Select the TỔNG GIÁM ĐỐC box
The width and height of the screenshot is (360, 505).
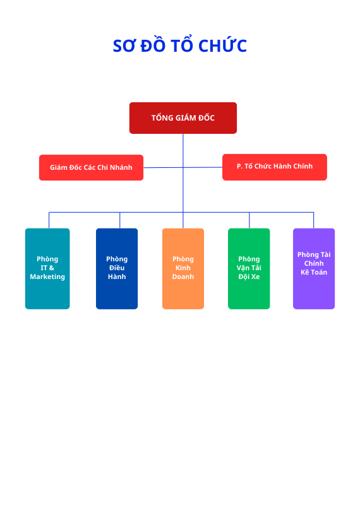(x=183, y=118)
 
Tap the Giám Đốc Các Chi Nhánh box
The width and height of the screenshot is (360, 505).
(x=91, y=167)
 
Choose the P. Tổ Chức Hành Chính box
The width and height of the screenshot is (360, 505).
(x=275, y=167)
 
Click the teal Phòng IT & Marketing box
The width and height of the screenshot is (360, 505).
(x=47, y=269)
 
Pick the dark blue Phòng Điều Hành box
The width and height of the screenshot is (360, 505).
(x=117, y=269)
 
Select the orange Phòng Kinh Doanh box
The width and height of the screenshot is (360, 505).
(x=183, y=269)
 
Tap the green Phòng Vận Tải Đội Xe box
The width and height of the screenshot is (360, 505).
(x=249, y=269)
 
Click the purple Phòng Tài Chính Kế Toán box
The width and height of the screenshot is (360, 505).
(x=314, y=269)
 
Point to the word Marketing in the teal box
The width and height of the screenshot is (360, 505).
(x=47, y=277)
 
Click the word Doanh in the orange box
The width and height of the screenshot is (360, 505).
(x=183, y=276)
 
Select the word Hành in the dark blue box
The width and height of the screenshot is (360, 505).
(x=117, y=276)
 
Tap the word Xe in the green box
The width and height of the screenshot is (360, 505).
(x=255, y=276)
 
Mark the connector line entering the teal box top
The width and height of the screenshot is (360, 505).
(x=49, y=220)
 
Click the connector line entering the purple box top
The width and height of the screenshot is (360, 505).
(x=314, y=220)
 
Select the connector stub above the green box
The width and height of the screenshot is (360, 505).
(x=249, y=220)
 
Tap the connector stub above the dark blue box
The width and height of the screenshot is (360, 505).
(x=120, y=220)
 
